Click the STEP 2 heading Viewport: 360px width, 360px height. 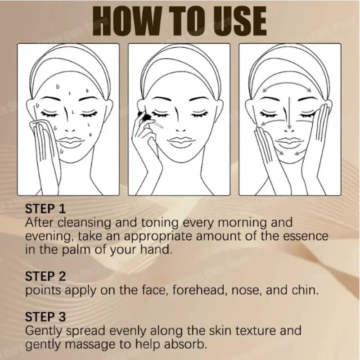point(45,275)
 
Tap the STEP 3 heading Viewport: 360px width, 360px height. point(45,316)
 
